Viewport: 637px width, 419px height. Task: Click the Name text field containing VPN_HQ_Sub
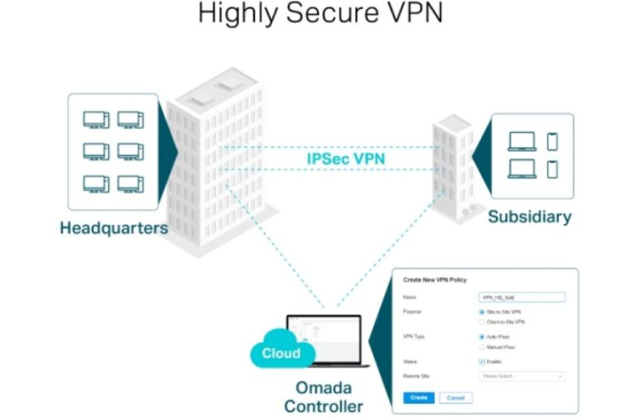(x=522, y=297)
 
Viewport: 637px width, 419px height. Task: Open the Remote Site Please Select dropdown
(x=522, y=377)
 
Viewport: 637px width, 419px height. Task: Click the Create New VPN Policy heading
(x=437, y=281)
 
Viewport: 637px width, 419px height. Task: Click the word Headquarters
(x=114, y=228)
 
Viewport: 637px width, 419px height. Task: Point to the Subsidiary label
(x=529, y=218)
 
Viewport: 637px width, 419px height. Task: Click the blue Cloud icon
(x=279, y=352)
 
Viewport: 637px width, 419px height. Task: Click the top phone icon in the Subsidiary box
(x=552, y=141)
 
